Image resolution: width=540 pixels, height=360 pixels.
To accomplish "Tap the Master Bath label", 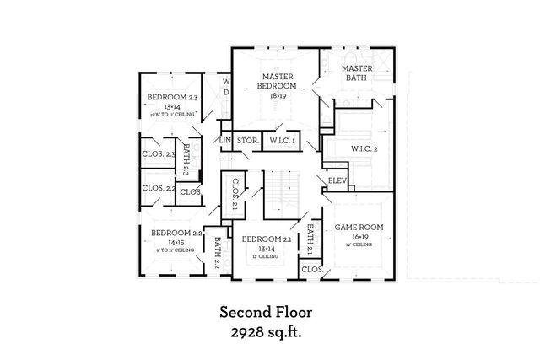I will click(x=356, y=73).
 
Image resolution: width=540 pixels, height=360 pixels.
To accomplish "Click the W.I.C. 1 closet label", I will click(x=281, y=141).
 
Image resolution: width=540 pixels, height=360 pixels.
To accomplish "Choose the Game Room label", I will click(x=359, y=228).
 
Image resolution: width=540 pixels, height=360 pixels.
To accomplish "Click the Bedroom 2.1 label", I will click(x=266, y=239).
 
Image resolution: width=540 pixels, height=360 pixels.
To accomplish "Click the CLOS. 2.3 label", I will click(x=159, y=154).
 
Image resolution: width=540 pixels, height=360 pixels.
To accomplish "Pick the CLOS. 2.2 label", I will click(x=159, y=188).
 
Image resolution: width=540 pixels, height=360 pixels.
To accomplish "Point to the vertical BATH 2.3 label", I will click(x=186, y=156).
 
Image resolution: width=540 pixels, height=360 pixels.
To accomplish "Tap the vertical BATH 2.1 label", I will click(x=310, y=239).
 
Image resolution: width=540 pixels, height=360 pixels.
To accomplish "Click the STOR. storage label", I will click(x=246, y=141).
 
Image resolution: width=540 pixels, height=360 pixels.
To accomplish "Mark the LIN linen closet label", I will click(x=224, y=141).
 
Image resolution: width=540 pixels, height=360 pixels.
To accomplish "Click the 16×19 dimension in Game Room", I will click(x=359, y=238).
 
